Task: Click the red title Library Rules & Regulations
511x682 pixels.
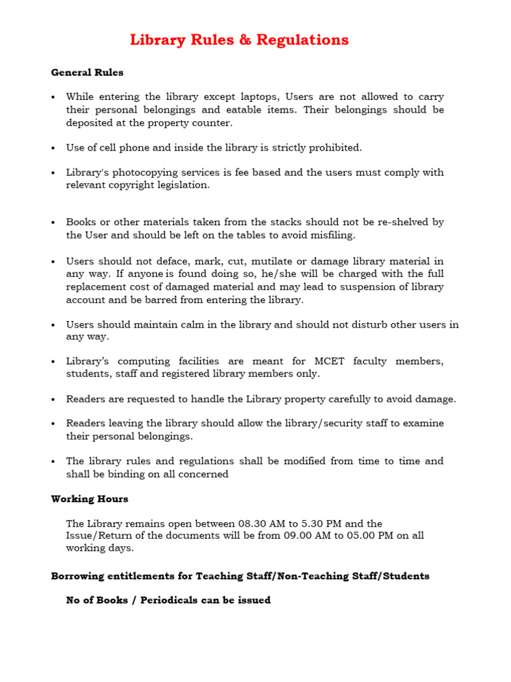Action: (239, 40)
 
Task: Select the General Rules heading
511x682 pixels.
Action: (87, 72)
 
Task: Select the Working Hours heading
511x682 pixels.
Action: (90, 499)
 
